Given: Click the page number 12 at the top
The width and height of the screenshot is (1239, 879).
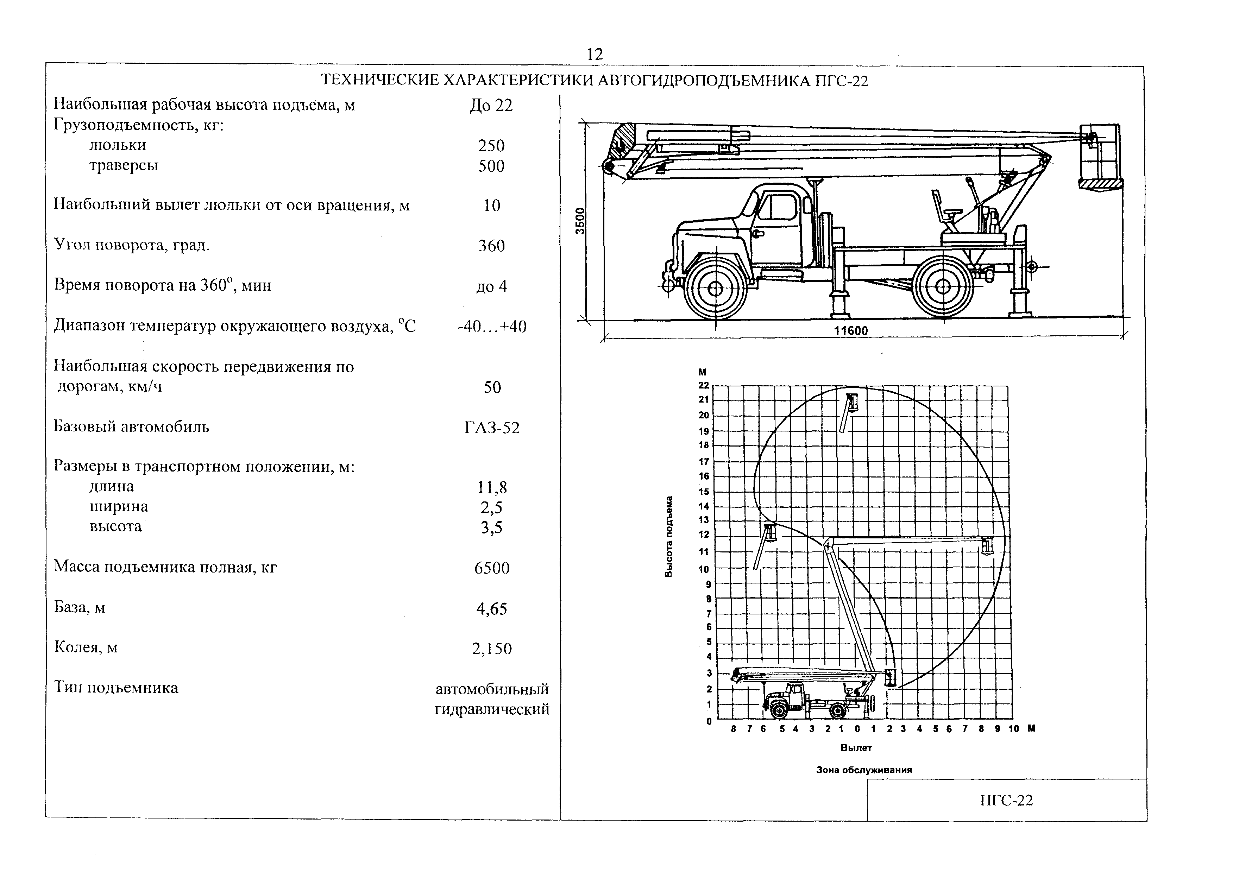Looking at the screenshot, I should click(594, 54).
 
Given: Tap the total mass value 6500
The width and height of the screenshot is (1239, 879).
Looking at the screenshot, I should click(491, 568).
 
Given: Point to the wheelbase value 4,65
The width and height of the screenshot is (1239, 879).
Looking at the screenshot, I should click(491, 608).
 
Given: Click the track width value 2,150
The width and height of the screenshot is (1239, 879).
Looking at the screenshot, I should click(491, 649).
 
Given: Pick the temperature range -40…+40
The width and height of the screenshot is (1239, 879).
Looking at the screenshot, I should click(491, 327).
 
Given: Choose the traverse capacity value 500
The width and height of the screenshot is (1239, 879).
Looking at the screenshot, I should click(491, 166).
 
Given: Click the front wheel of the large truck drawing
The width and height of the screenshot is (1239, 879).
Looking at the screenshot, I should click(715, 289).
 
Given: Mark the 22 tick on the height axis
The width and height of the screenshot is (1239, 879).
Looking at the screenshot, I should click(703, 385).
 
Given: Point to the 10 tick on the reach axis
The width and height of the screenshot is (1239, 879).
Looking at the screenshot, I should click(1013, 728).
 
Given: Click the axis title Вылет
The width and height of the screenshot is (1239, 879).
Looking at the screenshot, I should click(856, 747).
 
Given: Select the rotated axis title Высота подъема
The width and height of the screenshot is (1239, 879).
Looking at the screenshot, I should click(669, 536).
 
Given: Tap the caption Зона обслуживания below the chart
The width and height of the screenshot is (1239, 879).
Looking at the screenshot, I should click(864, 770).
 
